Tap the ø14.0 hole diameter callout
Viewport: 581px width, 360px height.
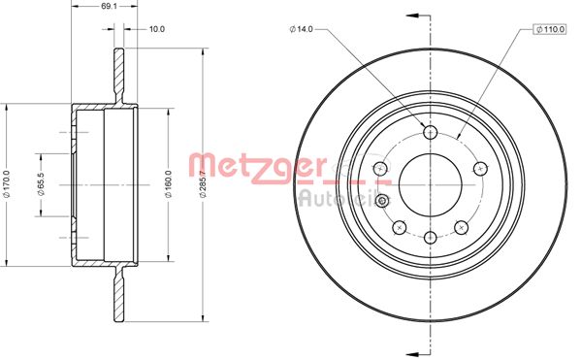[x=302, y=29]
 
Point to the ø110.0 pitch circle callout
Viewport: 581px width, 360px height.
[x=549, y=31]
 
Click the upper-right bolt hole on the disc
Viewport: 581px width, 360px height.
[x=478, y=167]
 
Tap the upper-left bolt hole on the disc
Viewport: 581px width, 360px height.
[x=383, y=167]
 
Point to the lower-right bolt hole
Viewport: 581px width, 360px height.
[x=461, y=225]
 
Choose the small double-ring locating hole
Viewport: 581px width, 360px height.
[x=382, y=201]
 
